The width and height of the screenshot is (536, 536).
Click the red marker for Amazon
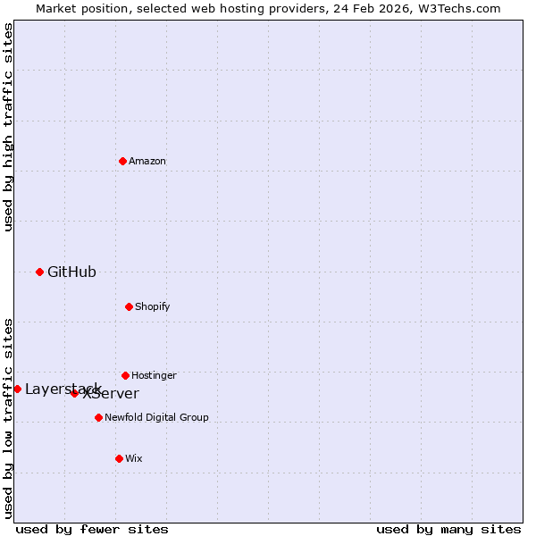122,161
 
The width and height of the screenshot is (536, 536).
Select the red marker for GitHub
39,272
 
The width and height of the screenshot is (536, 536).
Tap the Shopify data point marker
129,306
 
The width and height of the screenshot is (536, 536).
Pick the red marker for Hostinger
125,375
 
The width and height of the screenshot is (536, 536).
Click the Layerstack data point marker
17,389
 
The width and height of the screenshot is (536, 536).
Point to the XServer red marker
74,393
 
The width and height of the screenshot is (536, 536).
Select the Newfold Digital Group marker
98,417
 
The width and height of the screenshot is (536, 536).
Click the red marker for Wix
119,458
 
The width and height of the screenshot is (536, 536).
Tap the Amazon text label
147,161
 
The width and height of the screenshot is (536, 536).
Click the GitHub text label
71,272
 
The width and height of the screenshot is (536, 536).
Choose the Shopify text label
153,306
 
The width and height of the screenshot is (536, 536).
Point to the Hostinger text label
154,375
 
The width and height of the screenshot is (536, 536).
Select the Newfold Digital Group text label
156,417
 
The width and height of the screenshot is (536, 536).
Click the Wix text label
134,458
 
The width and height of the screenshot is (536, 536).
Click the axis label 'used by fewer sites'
92,529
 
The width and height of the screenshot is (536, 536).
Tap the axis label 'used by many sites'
448,529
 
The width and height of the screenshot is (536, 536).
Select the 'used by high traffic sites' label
8,127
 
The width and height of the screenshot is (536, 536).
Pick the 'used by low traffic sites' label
8,418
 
